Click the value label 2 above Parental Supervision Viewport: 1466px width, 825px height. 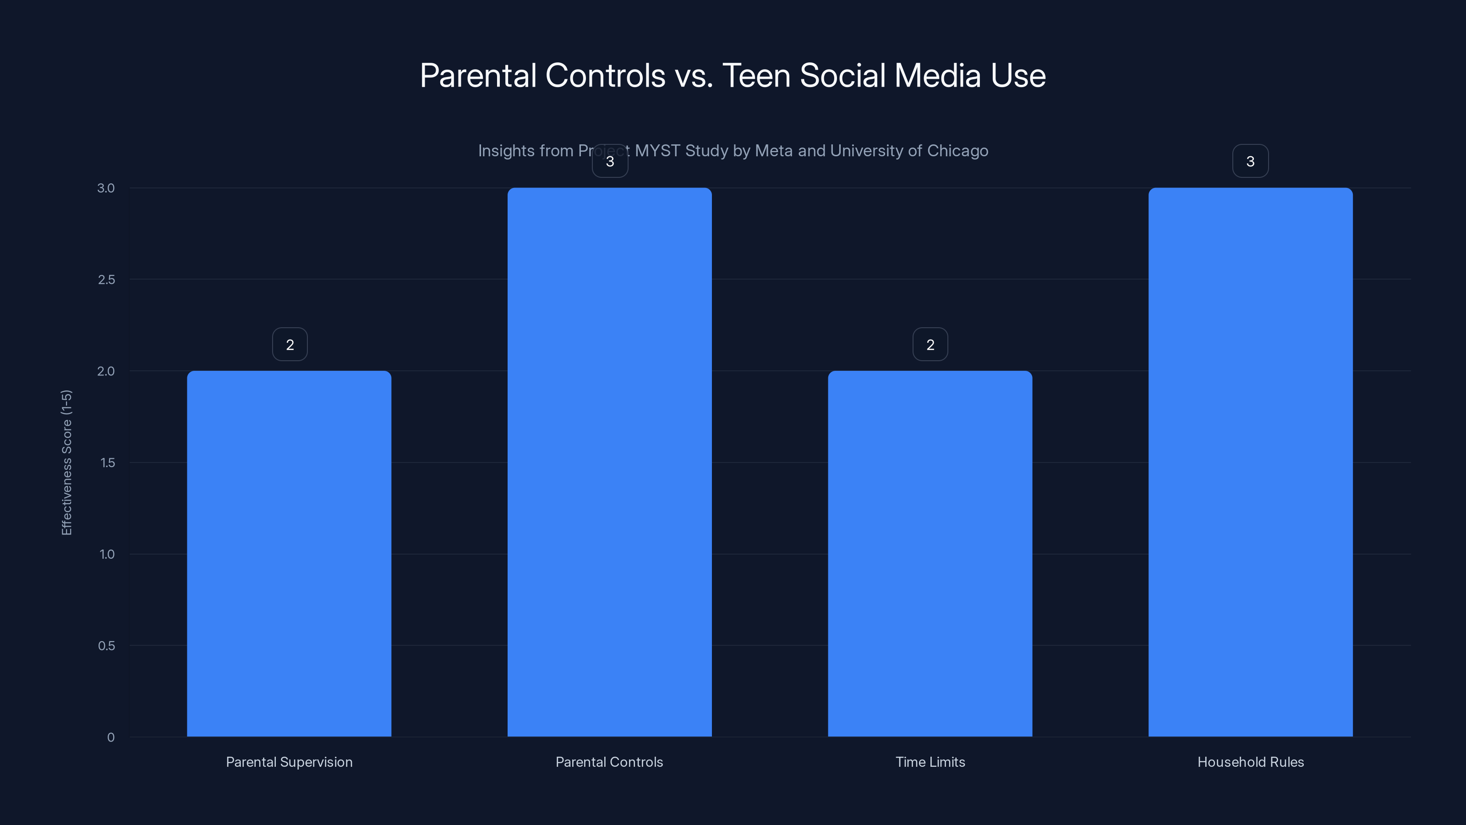tap(290, 345)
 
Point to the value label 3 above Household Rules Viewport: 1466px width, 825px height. tap(1250, 161)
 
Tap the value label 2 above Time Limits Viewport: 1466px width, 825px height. tap(930, 345)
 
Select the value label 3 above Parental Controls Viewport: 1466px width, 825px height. tap(609, 161)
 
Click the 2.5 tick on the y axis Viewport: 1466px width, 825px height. tap(106, 280)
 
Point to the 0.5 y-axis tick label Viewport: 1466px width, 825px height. tap(106, 646)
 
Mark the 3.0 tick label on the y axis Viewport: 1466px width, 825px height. tap(106, 188)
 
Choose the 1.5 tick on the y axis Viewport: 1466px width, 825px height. tap(107, 463)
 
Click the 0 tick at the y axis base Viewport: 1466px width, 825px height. tap(110, 737)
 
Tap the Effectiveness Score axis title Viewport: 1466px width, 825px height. tap(66, 462)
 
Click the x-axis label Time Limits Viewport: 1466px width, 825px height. tap(930, 762)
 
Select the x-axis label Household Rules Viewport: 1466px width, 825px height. tap(1250, 762)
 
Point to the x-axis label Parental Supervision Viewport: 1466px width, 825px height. tap(289, 762)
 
